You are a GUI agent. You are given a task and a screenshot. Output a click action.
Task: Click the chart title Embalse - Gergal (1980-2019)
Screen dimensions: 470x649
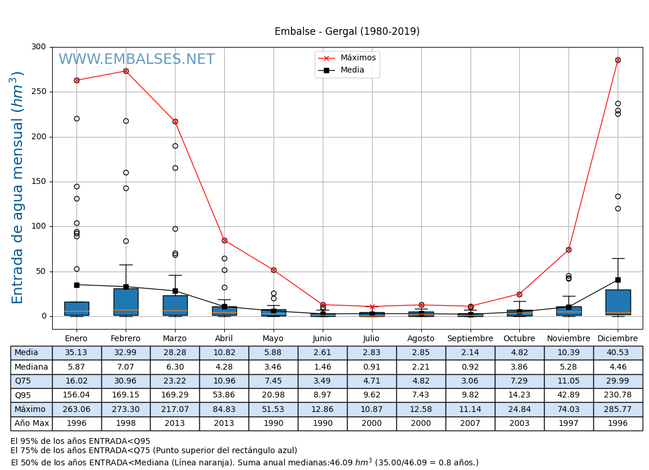[x=347, y=32]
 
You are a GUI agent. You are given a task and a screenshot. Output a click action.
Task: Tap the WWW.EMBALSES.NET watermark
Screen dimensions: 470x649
[x=136, y=60]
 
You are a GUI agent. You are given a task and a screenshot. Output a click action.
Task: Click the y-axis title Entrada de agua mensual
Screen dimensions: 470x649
[x=18, y=187]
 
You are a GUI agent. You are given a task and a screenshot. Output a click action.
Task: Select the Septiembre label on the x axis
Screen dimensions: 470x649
[x=470, y=338]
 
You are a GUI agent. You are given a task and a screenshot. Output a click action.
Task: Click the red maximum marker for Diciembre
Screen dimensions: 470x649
[x=618, y=60]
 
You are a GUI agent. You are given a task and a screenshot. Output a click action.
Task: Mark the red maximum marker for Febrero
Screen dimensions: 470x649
[x=126, y=71]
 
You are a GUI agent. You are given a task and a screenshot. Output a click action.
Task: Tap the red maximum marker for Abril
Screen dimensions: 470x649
[x=224, y=240]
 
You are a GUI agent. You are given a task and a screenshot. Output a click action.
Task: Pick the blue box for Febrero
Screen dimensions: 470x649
[x=126, y=302]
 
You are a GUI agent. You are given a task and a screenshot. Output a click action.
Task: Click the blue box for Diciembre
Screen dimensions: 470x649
[x=618, y=302]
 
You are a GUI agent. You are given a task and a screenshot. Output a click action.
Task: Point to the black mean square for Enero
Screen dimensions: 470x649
[x=76, y=285]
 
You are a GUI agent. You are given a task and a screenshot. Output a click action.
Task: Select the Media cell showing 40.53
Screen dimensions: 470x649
[x=618, y=353]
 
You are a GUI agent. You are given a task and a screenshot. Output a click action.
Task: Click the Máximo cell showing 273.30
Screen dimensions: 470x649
[x=126, y=409]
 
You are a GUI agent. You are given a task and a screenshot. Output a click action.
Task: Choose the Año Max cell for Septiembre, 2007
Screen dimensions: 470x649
[x=470, y=424]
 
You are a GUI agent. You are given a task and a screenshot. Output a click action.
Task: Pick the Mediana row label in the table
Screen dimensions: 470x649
[x=31, y=367]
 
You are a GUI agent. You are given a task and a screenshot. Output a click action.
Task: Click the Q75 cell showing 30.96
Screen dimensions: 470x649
[x=126, y=381]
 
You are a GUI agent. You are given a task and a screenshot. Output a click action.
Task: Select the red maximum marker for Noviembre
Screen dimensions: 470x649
[x=568, y=250]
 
